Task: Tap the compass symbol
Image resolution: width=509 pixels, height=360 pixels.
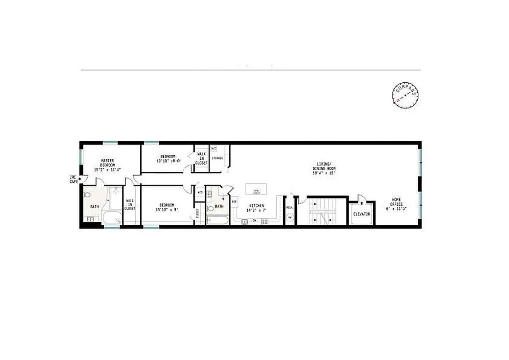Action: pyautogui.click(x=406, y=96)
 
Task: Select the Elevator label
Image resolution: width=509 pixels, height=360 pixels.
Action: pyautogui.click(x=362, y=214)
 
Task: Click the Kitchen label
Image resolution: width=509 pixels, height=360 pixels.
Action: pyautogui.click(x=256, y=207)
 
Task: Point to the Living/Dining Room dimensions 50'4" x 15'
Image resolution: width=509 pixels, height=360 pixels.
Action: pyautogui.click(x=325, y=173)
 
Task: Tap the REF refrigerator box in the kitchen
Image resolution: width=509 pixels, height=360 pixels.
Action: pyautogui.click(x=234, y=202)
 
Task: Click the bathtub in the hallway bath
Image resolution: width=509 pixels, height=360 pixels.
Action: pyautogui.click(x=218, y=221)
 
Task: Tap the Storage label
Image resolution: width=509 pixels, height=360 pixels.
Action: pyautogui.click(x=218, y=158)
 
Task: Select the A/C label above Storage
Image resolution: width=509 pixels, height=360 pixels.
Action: pyautogui.click(x=214, y=148)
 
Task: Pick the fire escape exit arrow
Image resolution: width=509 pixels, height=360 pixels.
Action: pyautogui.click(x=80, y=179)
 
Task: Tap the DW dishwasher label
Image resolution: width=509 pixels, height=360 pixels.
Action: pyautogui.click(x=254, y=220)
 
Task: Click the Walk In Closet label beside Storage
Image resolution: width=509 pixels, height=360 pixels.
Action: pyautogui.click(x=202, y=159)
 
